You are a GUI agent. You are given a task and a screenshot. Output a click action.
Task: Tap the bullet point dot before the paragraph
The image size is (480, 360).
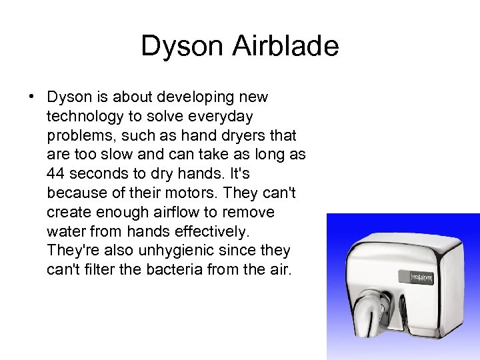click(x=32, y=97)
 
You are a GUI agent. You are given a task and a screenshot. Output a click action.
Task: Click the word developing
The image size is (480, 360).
click(x=202, y=97)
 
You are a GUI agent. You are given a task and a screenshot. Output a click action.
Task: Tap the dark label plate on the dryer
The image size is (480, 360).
click(x=421, y=275)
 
